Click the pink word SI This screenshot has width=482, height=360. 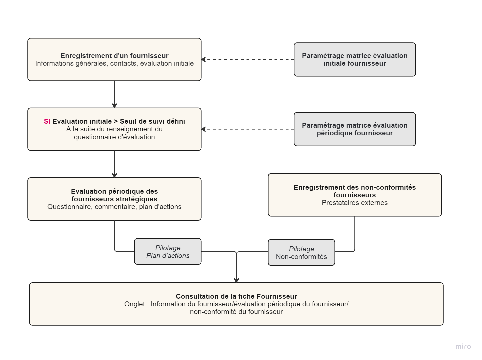click(47, 121)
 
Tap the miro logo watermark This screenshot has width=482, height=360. click(463, 346)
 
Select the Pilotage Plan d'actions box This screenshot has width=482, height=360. click(168, 252)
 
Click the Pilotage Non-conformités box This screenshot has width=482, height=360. click(301, 252)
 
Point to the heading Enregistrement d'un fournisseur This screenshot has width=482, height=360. click(114, 56)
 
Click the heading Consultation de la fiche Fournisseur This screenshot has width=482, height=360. click(236, 296)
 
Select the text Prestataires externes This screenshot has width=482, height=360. click(355, 203)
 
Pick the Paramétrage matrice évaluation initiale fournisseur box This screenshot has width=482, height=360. click(355, 59)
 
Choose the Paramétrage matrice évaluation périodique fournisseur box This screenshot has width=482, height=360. click(355, 129)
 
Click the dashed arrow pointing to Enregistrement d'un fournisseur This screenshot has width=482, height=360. click(247, 59)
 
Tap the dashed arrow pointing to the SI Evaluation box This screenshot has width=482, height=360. click(247, 129)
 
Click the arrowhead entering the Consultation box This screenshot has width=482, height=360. click(236, 280)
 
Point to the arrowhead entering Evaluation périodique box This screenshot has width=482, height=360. click(114, 175)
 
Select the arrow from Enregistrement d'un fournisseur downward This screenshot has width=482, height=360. click(114, 94)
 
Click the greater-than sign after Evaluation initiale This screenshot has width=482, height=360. click(116, 121)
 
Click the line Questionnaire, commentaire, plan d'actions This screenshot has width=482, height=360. click(114, 207)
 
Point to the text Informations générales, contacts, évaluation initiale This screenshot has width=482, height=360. click(114, 63)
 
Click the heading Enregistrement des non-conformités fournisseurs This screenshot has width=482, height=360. click(355, 191)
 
